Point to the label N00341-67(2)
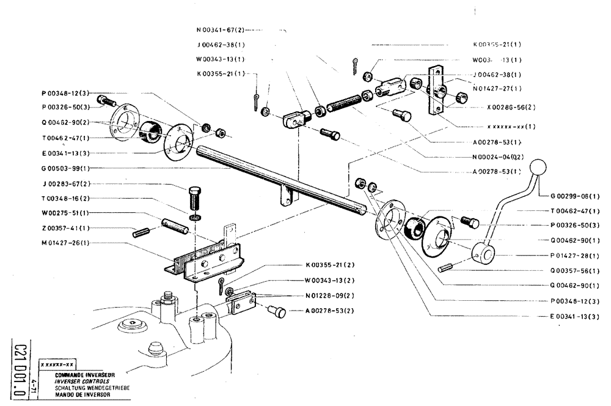220,29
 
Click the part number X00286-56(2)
511,106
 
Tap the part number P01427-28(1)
574,255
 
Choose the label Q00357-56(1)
574,270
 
